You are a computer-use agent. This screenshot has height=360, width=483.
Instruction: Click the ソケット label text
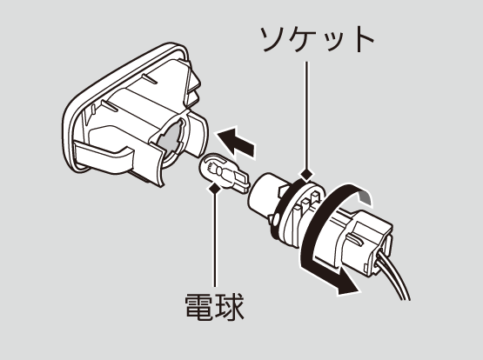pyautogui.click(x=317, y=39)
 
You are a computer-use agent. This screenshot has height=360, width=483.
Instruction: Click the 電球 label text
pyautogui.click(x=215, y=306)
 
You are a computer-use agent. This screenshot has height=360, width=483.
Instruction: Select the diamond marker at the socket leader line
pyautogui.click(x=306, y=175)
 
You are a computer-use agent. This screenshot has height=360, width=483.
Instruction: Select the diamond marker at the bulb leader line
pyautogui.click(x=215, y=188)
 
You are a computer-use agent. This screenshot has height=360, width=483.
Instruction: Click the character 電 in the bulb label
pyautogui.click(x=199, y=306)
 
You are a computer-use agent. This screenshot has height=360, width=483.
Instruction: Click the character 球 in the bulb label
pyautogui.click(x=231, y=306)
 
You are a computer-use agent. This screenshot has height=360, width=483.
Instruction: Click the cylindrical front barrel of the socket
pyautogui.click(x=265, y=195)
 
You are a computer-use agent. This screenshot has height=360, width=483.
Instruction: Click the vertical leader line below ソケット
pyautogui.click(x=306, y=116)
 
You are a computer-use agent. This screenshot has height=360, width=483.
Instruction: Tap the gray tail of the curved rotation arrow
pyautogui.click(x=366, y=197)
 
